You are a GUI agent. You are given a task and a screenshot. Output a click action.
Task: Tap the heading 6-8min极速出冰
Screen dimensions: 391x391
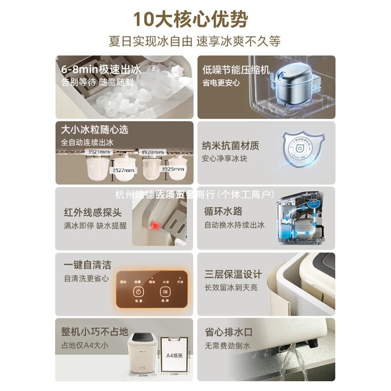pos(95,69)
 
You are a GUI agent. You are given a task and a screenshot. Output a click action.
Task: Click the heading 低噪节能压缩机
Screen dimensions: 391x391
pos(236,69)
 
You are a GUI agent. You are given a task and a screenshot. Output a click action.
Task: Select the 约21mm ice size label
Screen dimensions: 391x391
pos(98,152)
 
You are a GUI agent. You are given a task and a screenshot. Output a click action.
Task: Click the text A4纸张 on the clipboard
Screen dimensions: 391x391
pos(174,355)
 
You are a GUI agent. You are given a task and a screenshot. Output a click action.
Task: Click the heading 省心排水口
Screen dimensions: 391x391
pos(228,332)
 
